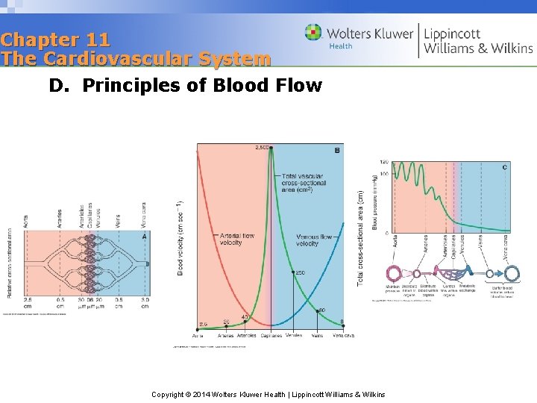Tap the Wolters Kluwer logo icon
(313, 32)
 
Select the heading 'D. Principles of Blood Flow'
(186, 86)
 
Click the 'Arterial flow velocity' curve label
(236, 239)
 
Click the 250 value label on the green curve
(300, 272)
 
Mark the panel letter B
(337, 151)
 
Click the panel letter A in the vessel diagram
(144, 236)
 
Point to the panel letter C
(505, 167)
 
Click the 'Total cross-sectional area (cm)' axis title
(360, 237)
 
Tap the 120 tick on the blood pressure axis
(384, 162)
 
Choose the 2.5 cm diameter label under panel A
(27, 302)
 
